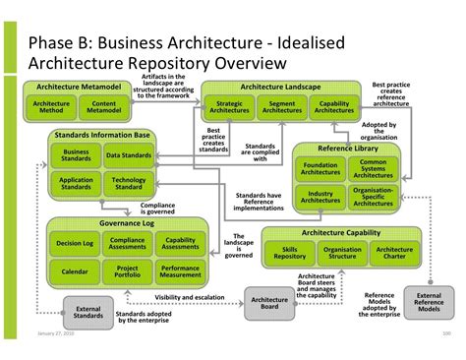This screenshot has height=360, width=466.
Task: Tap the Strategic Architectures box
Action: tap(229, 108)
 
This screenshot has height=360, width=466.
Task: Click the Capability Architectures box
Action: tap(333, 108)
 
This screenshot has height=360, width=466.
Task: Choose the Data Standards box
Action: tap(129, 155)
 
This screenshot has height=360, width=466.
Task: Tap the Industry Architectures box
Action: tap(320, 198)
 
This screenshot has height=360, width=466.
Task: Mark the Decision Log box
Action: tap(75, 242)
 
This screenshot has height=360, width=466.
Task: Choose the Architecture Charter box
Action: tap(394, 252)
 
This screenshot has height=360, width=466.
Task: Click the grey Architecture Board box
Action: tap(269, 302)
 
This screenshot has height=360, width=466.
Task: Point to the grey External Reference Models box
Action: tap(429, 301)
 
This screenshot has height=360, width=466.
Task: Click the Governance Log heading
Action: tap(128, 224)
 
